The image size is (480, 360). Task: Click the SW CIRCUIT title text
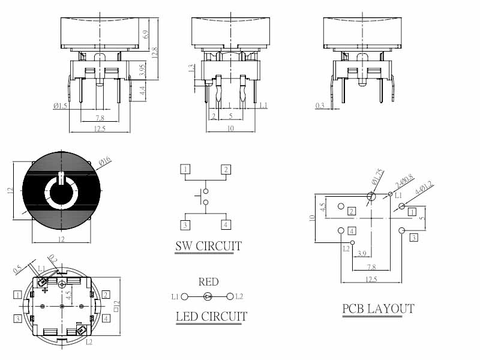tap(208, 246)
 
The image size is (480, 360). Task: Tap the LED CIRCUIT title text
tap(211, 316)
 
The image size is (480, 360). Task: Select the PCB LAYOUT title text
tap(378, 309)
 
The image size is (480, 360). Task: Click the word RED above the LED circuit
tap(208, 282)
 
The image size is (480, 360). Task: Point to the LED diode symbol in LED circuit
tap(208, 296)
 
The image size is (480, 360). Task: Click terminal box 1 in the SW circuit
tap(186, 169)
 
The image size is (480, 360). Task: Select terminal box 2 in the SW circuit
tap(226, 169)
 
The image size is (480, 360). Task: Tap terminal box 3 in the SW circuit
tap(186, 225)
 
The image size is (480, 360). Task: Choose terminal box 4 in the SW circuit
tap(226, 225)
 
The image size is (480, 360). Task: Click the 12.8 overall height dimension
tap(155, 53)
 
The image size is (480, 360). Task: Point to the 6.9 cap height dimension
tap(146, 34)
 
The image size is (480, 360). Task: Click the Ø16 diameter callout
tap(104, 160)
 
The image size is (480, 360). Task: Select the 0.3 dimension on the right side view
tap(320, 106)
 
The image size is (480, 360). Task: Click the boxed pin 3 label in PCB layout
tap(413, 238)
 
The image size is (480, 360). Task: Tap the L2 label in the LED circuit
tap(239, 296)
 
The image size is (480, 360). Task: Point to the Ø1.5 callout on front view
tap(60, 106)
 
